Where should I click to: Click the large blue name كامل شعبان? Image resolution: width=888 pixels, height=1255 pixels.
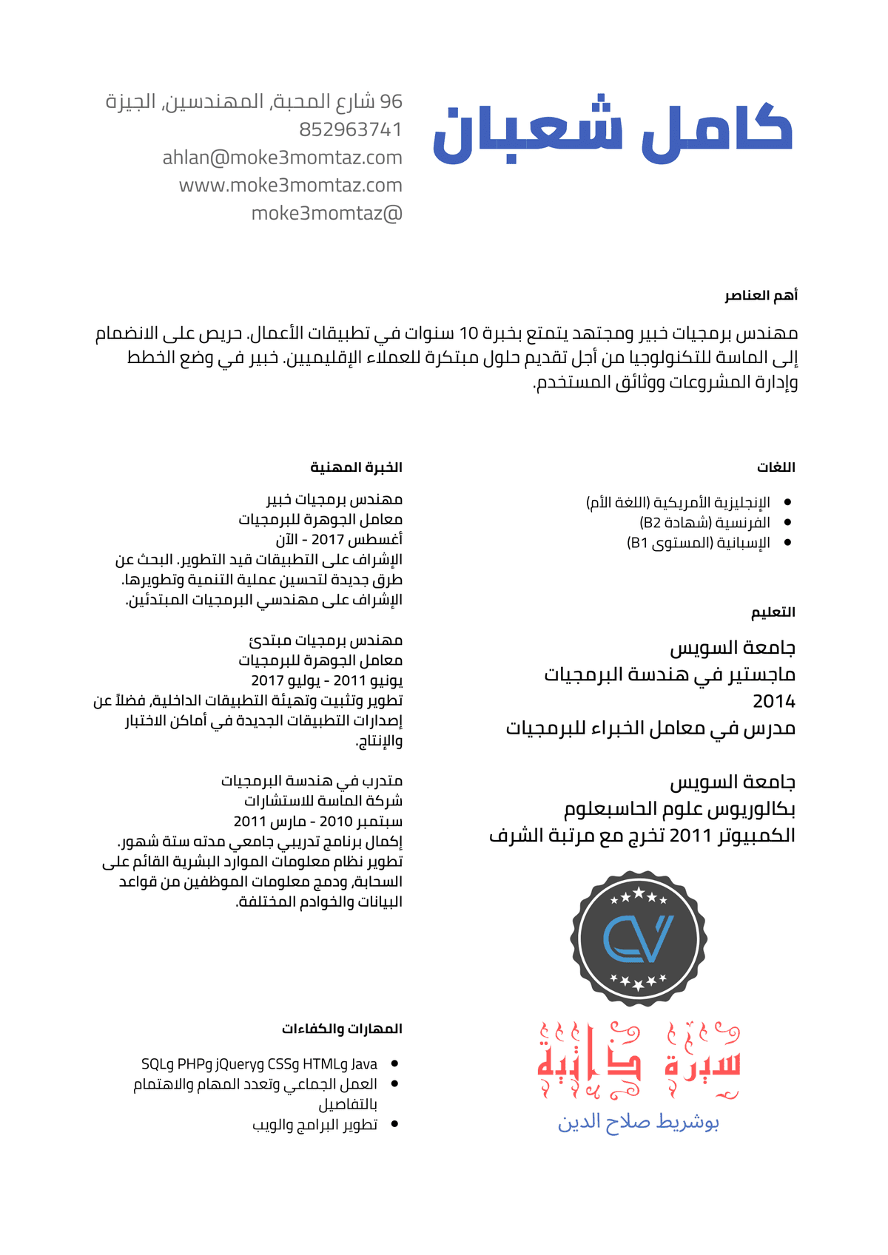(x=613, y=133)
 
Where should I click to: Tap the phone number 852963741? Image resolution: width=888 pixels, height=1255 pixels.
(x=350, y=129)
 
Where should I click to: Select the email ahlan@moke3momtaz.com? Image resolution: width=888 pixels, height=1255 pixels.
(x=282, y=158)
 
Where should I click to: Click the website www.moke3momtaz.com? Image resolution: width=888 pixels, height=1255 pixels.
(x=290, y=185)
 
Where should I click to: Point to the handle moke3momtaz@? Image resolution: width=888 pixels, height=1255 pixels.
(x=326, y=213)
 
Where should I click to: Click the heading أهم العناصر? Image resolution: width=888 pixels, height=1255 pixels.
(x=761, y=296)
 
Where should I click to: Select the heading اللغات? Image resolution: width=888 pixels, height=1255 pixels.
(x=776, y=467)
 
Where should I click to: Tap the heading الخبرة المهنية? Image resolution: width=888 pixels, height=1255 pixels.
(x=356, y=467)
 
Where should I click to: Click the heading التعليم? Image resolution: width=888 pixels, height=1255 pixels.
(x=773, y=612)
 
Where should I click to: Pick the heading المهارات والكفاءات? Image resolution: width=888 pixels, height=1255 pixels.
(x=342, y=1029)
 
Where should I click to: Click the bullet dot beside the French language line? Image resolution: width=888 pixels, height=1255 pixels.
(x=787, y=523)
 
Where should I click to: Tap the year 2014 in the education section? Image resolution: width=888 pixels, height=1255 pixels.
(x=773, y=701)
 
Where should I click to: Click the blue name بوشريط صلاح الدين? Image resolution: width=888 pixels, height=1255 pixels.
(x=638, y=1123)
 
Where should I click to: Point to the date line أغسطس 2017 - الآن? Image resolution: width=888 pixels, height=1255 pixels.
(x=339, y=540)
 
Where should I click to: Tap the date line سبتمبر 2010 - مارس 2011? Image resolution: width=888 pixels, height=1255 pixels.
(x=318, y=822)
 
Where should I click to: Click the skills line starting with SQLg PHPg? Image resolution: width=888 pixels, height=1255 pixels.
(x=259, y=1064)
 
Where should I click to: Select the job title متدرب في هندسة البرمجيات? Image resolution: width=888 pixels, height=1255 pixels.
(x=312, y=781)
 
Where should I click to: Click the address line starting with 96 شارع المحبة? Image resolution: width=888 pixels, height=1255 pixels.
(x=254, y=101)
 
